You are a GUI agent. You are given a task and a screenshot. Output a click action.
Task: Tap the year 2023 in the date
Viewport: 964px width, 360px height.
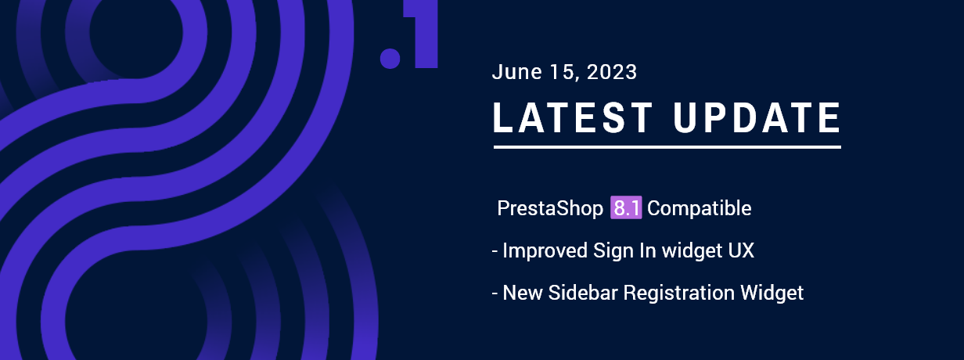[x=612, y=71]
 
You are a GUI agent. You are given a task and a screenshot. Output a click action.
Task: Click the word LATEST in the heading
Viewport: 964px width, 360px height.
[x=573, y=117]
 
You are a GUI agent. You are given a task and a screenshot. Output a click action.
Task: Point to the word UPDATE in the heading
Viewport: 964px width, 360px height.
[x=757, y=117]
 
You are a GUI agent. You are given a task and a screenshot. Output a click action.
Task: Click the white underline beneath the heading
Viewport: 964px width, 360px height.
[x=667, y=147]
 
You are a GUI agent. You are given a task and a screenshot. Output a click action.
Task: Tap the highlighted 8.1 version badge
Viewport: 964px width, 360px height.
[x=626, y=207]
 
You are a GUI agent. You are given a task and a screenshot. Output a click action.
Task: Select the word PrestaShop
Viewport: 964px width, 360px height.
[x=550, y=208]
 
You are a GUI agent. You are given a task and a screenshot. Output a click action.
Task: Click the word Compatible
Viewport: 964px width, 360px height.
[x=700, y=208]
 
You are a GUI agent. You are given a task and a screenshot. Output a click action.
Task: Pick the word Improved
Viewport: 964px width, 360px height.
[x=545, y=250]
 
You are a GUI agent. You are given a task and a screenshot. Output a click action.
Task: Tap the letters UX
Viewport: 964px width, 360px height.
[x=741, y=250]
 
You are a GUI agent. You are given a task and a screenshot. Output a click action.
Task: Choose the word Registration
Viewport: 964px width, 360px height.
[x=678, y=293]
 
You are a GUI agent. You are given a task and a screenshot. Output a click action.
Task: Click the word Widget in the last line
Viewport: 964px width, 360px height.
[x=772, y=293]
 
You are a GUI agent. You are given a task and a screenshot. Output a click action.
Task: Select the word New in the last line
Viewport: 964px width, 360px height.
[x=523, y=293]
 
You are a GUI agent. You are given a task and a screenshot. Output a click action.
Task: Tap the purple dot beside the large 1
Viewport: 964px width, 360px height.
[x=390, y=59]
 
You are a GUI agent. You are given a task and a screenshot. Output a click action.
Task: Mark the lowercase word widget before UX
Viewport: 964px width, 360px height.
[x=692, y=250]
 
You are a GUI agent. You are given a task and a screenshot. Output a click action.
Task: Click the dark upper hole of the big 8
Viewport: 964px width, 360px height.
[x=136, y=34]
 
